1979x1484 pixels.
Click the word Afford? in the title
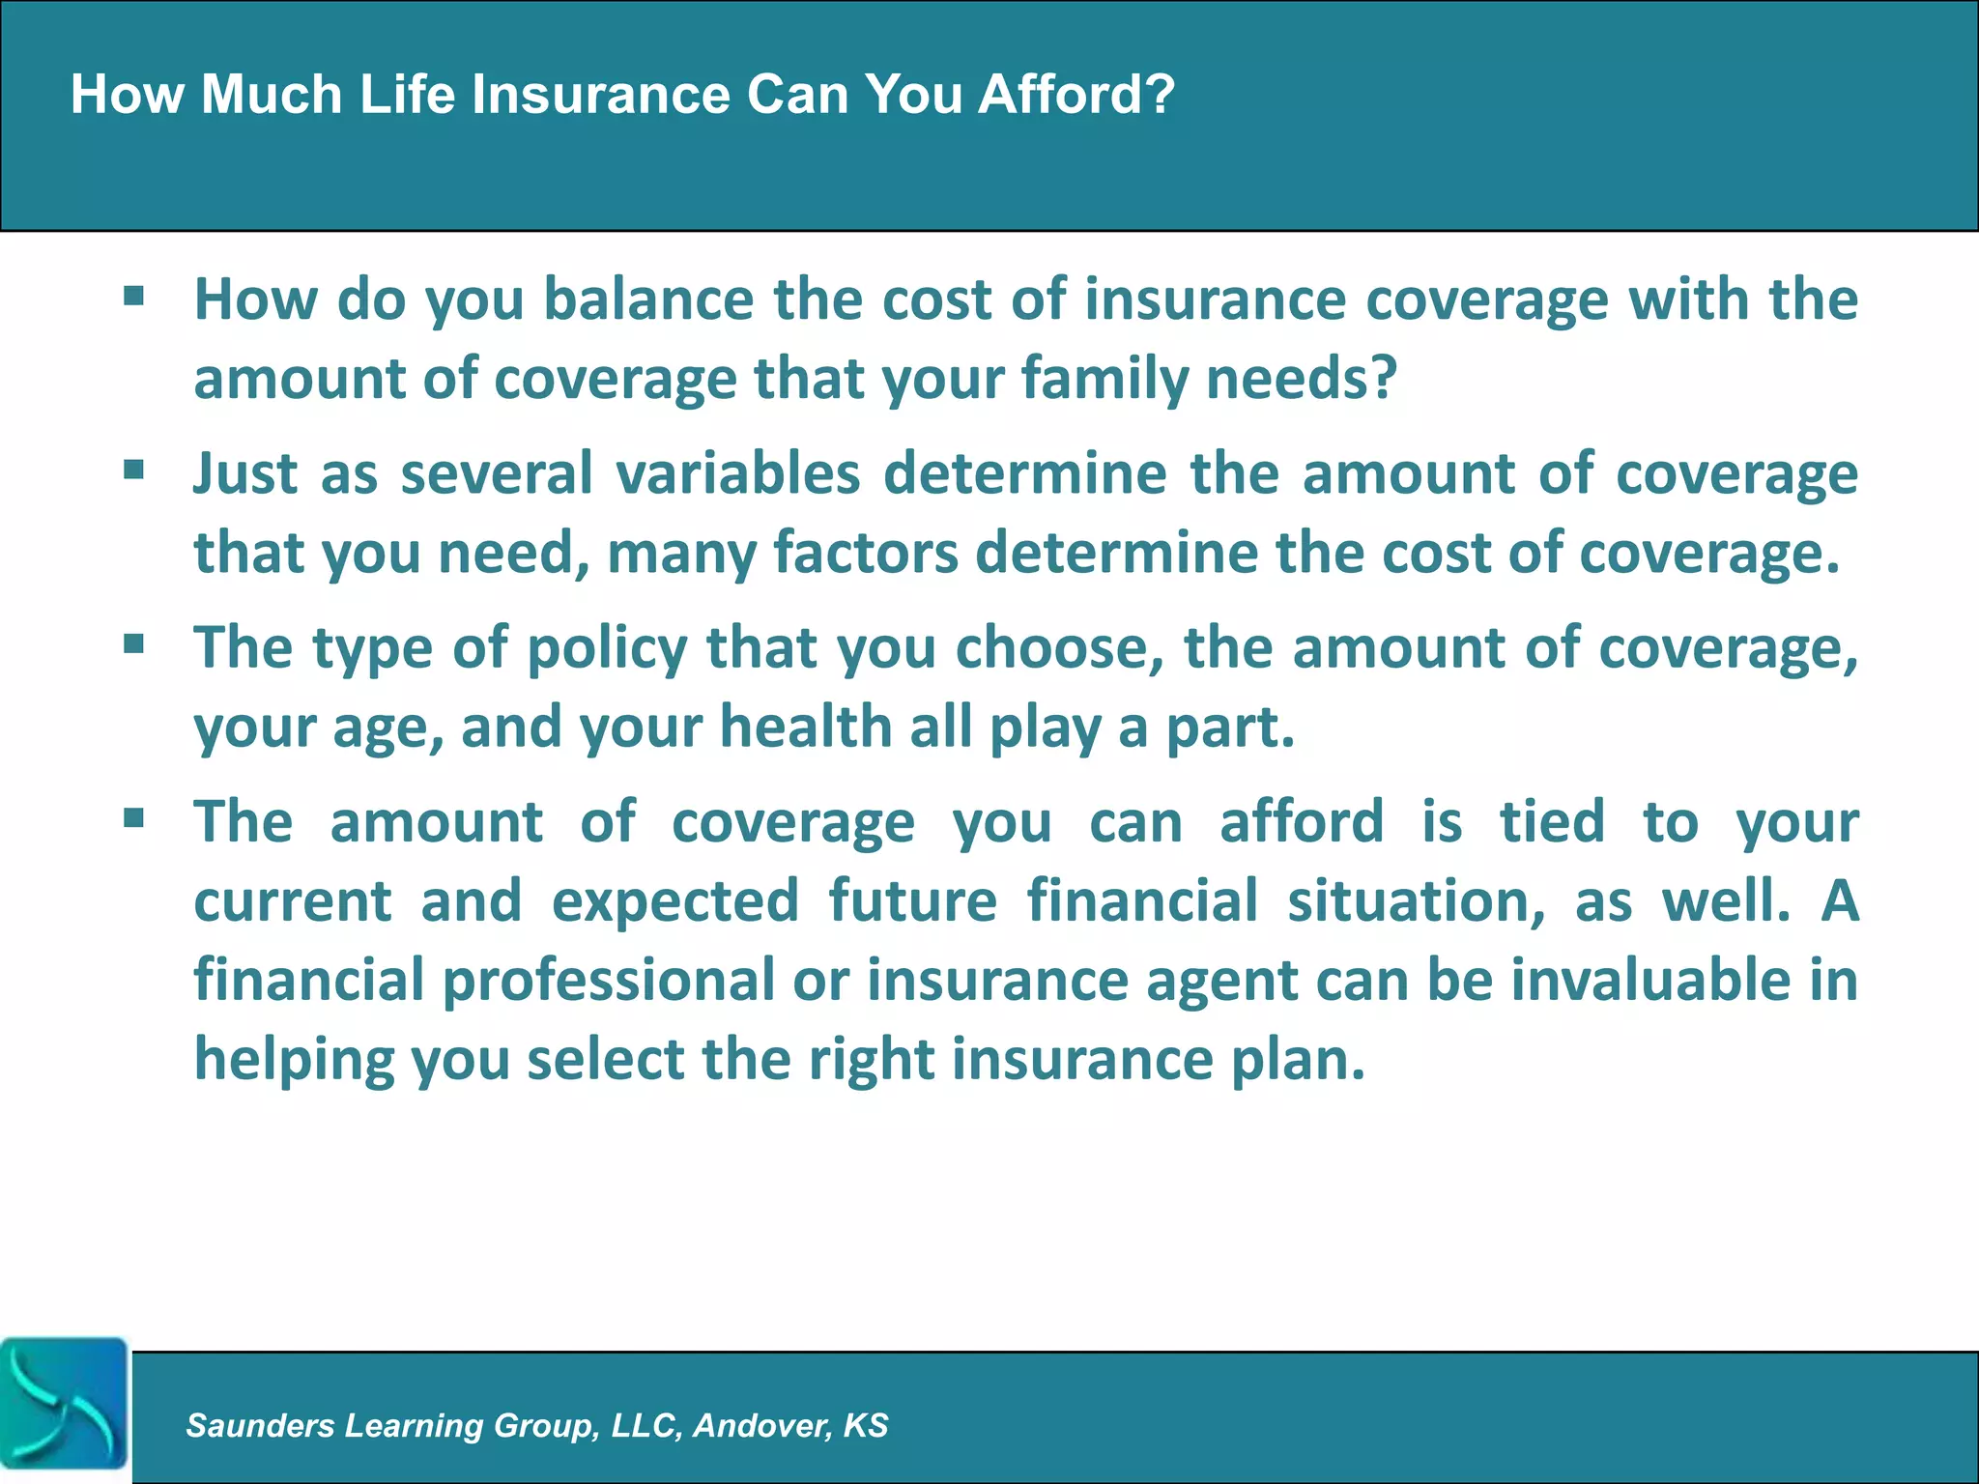click(x=1076, y=96)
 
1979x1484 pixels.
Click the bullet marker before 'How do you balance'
click(x=134, y=295)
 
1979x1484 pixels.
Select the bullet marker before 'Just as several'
click(x=134, y=470)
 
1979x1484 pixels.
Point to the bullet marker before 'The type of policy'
click(x=134, y=643)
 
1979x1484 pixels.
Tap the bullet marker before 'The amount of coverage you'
click(x=134, y=818)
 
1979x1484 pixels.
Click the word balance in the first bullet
click(x=647, y=299)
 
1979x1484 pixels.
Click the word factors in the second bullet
click(x=866, y=553)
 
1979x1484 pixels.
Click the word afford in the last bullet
click(x=1302, y=822)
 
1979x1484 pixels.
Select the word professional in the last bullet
click(x=609, y=980)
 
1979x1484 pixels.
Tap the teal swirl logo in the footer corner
click(x=64, y=1404)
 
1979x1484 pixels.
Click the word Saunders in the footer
click(x=260, y=1425)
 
